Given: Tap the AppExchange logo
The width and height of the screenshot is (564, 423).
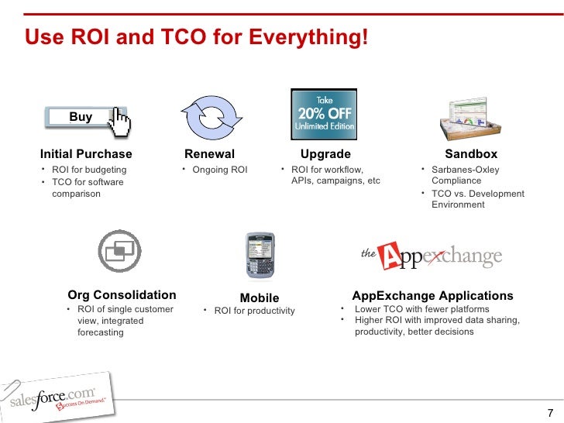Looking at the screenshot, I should (x=432, y=256).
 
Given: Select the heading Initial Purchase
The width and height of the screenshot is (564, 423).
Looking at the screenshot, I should (x=86, y=154).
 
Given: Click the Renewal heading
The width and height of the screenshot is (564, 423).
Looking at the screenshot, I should (x=209, y=154).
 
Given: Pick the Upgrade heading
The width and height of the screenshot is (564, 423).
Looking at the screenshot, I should (x=325, y=154).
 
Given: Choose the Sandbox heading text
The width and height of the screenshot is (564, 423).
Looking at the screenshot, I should (x=471, y=154).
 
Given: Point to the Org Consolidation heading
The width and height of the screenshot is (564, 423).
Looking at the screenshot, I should (x=122, y=295).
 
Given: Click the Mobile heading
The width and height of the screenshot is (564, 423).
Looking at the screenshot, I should (x=260, y=298).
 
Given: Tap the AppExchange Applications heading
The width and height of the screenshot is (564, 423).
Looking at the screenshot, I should (x=432, y=296).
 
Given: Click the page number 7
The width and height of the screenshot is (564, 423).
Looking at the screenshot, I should (x=550, y=412).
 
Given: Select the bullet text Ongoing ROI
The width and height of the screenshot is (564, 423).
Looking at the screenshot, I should (x=219, y=170).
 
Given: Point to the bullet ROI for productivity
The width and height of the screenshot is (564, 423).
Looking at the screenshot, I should (x=254, y=311).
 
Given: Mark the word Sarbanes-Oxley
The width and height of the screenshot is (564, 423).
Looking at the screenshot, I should (x=466, y=170).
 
